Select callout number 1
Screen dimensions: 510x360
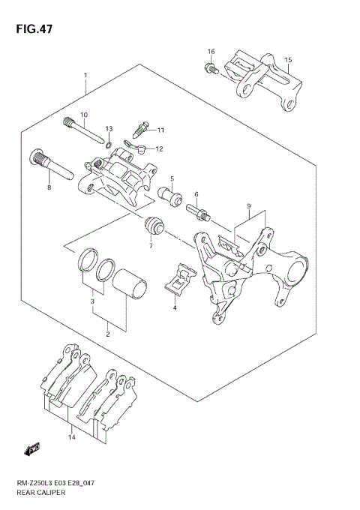click(86, 75)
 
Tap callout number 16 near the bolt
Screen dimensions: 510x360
click(211, 52)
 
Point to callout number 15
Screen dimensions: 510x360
click(289, 59)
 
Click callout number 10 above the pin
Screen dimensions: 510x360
click(84, 115)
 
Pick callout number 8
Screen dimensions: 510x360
click(49, 187)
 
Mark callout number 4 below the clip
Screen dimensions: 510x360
click(174, 307)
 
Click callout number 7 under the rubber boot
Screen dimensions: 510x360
click(150, 246)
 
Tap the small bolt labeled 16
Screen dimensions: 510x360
click(210, 70)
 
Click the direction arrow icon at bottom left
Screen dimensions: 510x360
click(31, 450)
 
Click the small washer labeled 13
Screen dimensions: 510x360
click(109, 144)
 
